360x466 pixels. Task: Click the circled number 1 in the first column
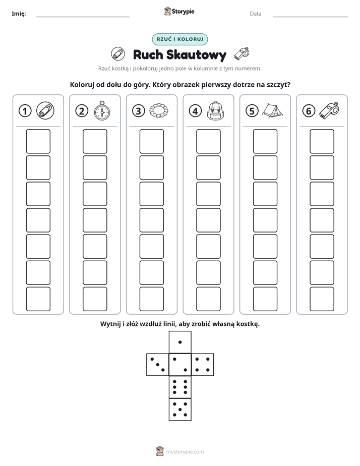coord(25,111)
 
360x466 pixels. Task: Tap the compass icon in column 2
coord(102,110)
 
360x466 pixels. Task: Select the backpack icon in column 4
coord(216,110)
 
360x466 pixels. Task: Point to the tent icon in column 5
coord(272,110)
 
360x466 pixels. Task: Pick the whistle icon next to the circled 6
coord(329,110)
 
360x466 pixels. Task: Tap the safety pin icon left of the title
coord(118,54)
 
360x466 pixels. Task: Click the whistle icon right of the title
coord(242,54)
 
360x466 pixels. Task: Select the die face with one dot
coord(180,342)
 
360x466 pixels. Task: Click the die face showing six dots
coord(180,387)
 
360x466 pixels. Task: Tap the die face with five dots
coord(180,409)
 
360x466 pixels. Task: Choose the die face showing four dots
coord(203,365)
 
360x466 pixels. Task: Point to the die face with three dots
coord(158,365)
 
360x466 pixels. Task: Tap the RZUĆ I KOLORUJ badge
coord(180,39)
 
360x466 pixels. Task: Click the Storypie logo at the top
coord(179,11)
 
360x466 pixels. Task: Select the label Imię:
coord(19,14)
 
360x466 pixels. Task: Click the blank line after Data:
coord(311,17)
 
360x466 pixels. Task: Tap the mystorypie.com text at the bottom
coord(185,452)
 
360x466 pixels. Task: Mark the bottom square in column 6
coord(322,299)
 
